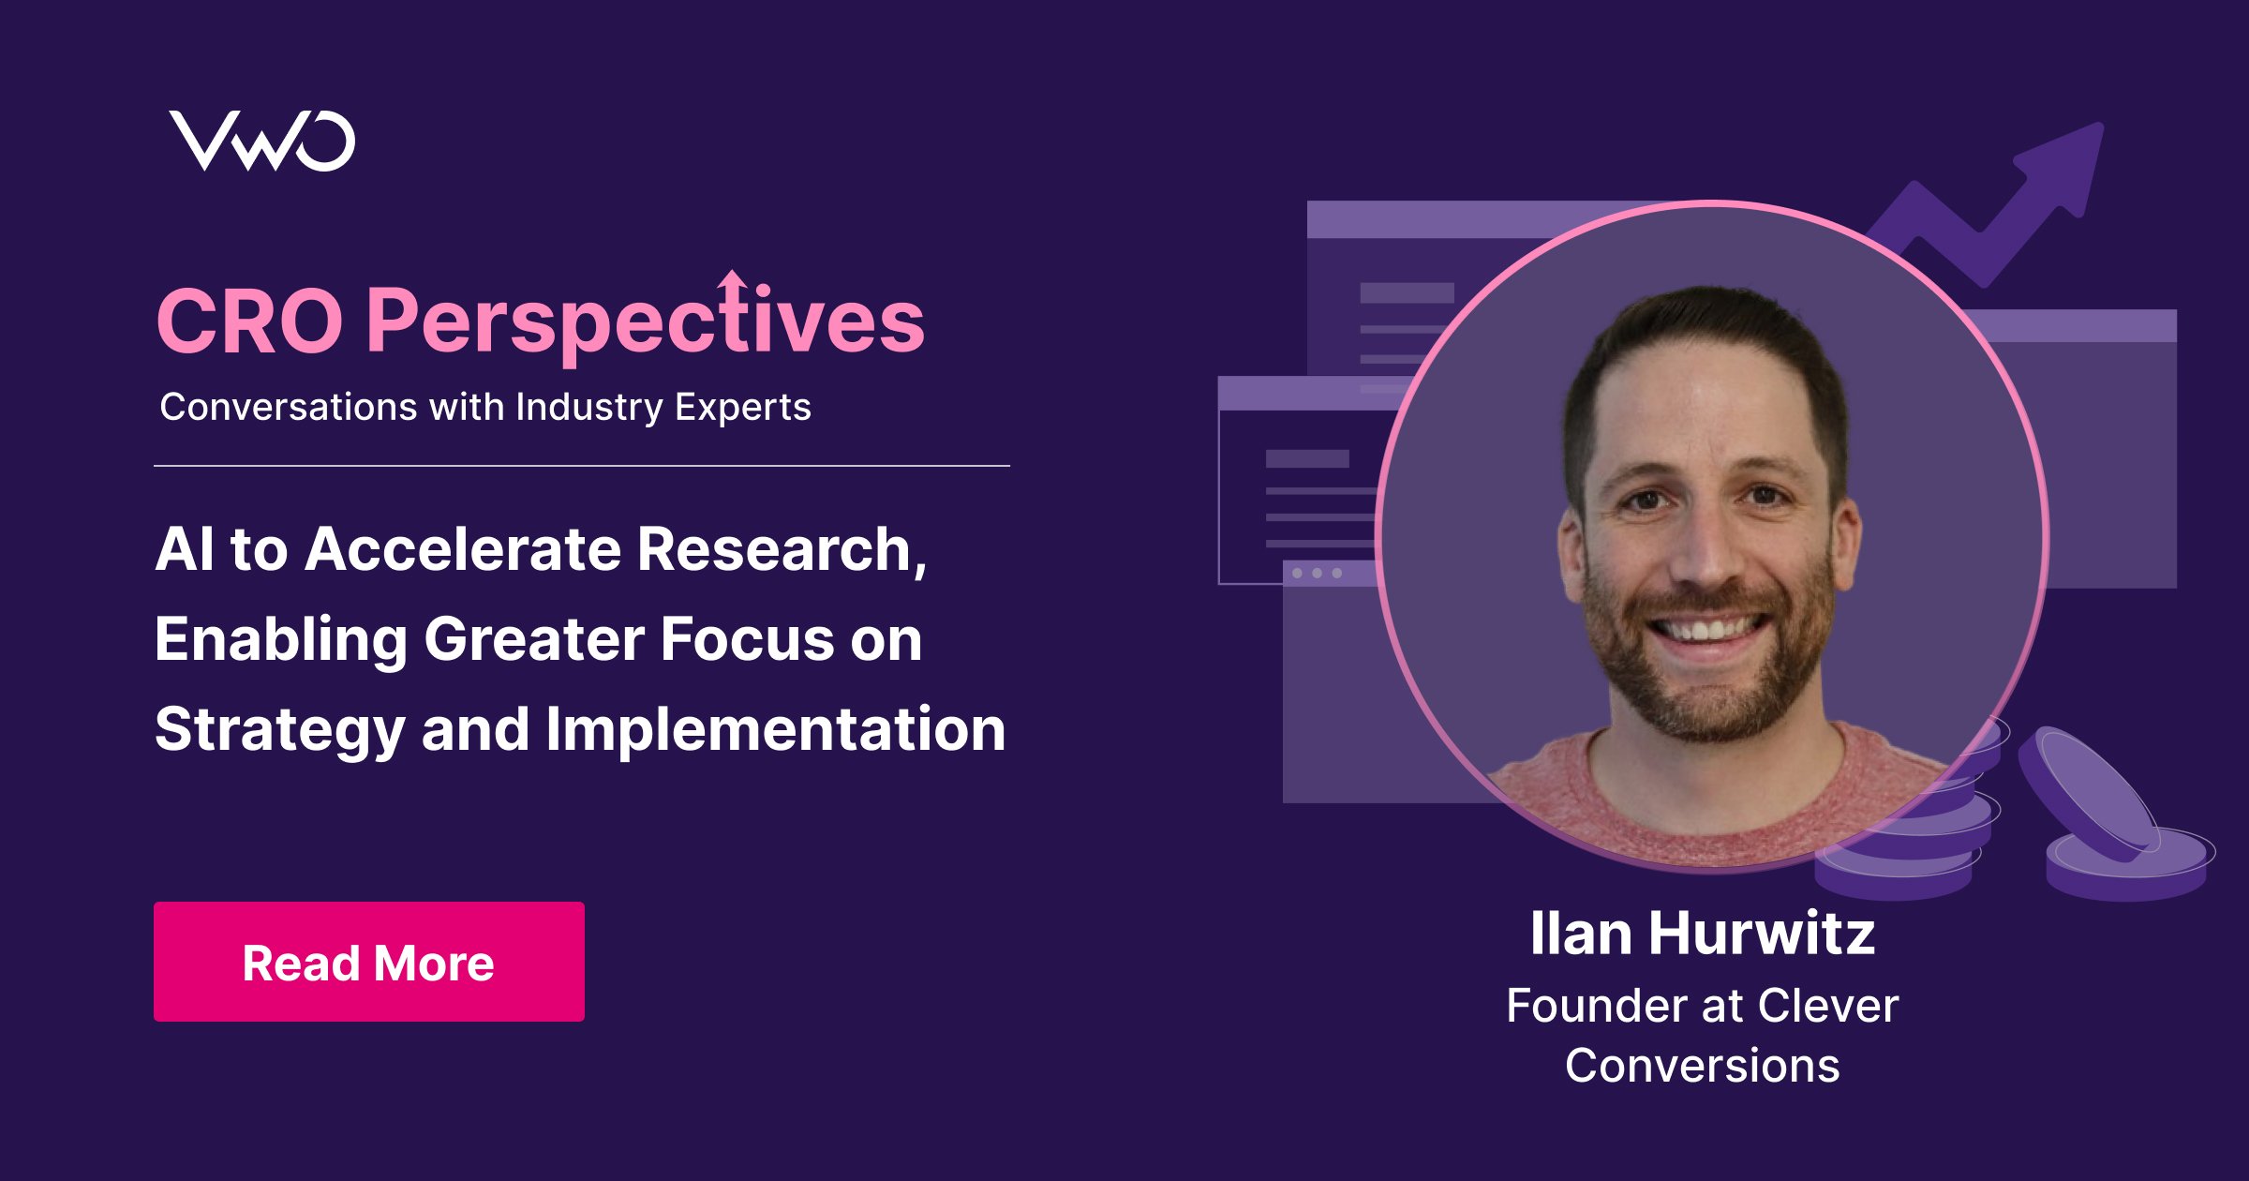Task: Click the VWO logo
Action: pos(261,141)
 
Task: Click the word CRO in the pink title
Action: pos(250,321)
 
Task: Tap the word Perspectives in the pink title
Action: pos(646,320)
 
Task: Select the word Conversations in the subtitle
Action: pos(289,407)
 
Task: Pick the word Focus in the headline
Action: pos(747,639)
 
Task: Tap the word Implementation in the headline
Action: pos(776,730)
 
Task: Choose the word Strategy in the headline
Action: pos(279,730)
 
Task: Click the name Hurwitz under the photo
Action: pos(1762,934)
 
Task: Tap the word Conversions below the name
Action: pos(1702,1066)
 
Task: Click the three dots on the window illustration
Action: pos(1317,573)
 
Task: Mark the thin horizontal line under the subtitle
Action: pos(582,465)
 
